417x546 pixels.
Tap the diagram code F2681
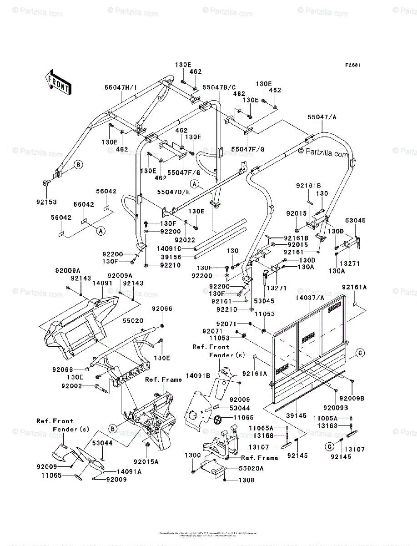coord(352,65)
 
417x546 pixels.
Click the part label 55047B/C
coord(219,87)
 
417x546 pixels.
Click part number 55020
coord(133,320)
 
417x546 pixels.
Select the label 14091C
coord(169,248)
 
